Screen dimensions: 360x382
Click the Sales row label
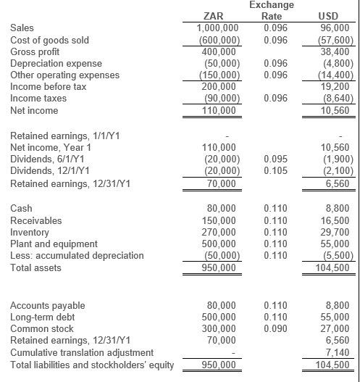pos(22,28)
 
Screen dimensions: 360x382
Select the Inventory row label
pos(30,232)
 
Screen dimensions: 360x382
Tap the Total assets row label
pos(37,267)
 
